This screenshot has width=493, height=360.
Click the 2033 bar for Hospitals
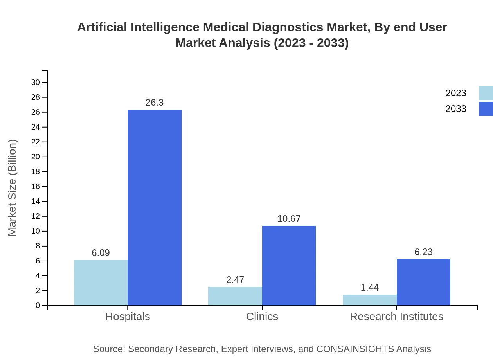pos(155,207)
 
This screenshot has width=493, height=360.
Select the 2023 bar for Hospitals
pos(101,283)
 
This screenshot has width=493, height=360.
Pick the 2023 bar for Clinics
pos(235,296)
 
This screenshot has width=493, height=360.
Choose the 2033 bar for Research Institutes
pos(423,282)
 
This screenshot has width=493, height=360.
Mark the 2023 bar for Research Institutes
pos(370,300)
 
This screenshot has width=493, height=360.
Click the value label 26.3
pos(155,103)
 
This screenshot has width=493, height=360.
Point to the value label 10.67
pos(289,219)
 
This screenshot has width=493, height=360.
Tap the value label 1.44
pos(370,288)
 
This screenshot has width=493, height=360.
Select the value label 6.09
pos(101,253)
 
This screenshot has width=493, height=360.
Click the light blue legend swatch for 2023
pos(486,93)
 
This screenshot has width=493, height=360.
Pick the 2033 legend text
pos(456,109)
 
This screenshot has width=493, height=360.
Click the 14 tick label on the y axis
pos(36,202)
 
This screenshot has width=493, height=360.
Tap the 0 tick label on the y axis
pos(38,306)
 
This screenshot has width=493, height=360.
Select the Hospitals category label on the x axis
pos(128,316)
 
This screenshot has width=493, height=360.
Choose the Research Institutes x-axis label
pos(396,316)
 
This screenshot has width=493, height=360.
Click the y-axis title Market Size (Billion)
pos(12,188)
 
